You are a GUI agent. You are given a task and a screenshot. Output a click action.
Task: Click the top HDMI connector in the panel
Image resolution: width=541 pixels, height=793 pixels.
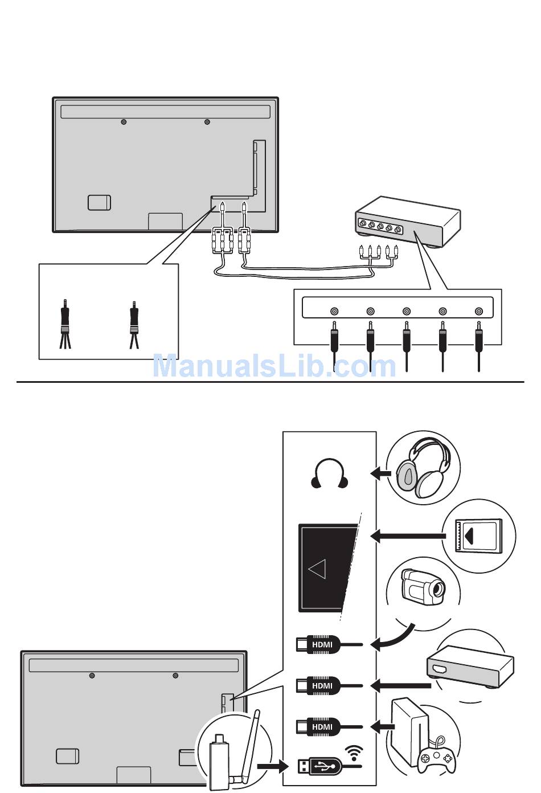tap(319, 644)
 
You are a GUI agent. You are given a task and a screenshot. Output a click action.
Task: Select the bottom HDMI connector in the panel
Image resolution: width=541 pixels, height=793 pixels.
tap(319, 726)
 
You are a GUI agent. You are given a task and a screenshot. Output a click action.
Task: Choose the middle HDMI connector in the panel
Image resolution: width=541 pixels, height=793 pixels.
tap(319, 685)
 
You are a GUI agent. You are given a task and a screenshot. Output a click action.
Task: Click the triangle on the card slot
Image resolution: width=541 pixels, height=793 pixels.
tap(317, 569)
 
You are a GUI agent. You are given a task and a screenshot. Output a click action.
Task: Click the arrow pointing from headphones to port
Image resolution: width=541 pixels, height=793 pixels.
tap(380, 473)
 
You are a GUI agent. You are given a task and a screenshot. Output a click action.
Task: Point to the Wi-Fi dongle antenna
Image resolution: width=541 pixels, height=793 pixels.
tap(251, 741)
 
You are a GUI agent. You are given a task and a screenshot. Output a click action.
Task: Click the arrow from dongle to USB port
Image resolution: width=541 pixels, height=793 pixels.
tap(272, 766)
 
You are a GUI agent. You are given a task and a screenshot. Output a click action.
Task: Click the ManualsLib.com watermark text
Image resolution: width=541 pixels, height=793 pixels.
tap(274, 366)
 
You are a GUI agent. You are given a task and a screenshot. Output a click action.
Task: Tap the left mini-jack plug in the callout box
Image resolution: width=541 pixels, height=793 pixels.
tap(65, 322)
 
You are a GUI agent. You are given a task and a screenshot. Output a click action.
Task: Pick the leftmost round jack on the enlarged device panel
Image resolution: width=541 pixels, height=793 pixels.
tap(334, 311)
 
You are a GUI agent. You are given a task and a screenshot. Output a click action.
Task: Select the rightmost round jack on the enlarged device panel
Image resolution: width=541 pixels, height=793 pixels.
tap(479, 311)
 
